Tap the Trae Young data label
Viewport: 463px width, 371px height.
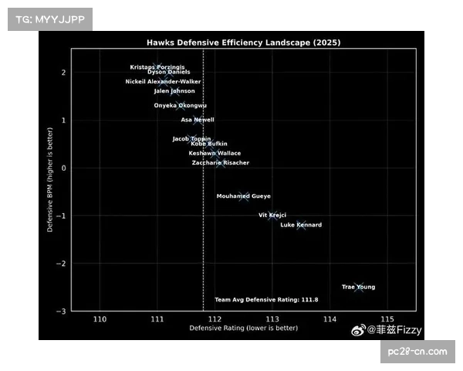click(358, 288)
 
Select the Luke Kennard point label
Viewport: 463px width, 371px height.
click(301, 225)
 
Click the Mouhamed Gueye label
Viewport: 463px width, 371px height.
click(243, 196)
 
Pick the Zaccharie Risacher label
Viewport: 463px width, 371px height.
click(220, 163)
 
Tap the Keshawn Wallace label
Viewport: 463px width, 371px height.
click(215, 153)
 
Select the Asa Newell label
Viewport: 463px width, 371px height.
click(198, 120)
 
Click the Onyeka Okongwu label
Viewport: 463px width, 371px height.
click(181, 105)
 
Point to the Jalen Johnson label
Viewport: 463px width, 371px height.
click(174, 91)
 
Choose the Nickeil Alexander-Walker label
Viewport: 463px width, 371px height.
click(163, 81)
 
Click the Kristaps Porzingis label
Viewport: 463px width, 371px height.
click(157, 66)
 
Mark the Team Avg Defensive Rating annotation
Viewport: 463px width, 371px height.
click(266, 299)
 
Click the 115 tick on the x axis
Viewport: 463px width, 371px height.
click(387, 318)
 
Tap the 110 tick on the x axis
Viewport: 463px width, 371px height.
click(100, 318)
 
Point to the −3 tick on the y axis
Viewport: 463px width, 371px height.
click(63, 311)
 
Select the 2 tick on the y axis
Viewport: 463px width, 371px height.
click(64, 73)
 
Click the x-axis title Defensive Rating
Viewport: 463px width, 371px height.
click(243, 328)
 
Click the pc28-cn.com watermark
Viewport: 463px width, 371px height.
click(417, 352)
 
